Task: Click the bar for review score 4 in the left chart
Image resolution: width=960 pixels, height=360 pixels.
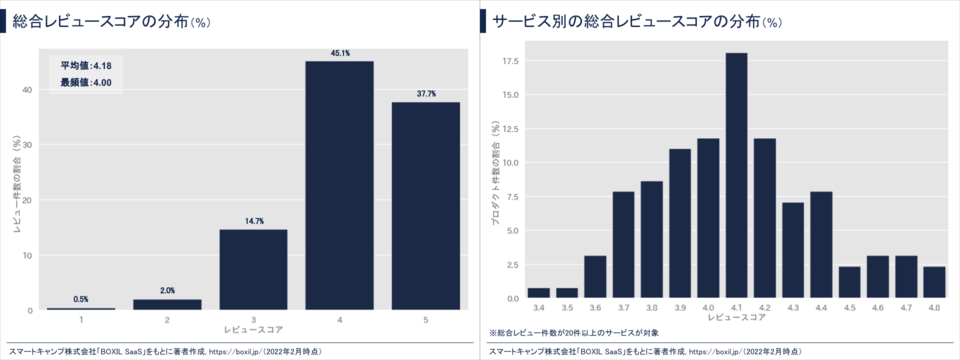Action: (x=339, y=185)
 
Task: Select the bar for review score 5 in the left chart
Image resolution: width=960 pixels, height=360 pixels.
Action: (x=425, y=206)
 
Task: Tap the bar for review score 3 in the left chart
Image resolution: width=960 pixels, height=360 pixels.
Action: (x=253, y=270)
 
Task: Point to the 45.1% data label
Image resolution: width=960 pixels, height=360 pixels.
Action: (x=339, y=54)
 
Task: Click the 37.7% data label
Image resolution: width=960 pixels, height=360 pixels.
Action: (x=425, y=95)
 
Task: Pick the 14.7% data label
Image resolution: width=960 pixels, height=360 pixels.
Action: (x=253, y=222)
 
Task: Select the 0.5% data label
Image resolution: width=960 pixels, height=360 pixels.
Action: (x=81, y=299)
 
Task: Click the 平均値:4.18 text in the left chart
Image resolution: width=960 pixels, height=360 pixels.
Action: (x=86, y=66)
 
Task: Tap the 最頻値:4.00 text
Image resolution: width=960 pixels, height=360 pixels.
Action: (x=86, y=82)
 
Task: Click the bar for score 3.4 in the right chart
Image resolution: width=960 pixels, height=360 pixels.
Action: (x=539, y=293)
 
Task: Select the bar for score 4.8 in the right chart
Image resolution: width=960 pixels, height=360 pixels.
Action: (x=934, y=282)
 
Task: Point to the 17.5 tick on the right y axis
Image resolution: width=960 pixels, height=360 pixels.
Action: (x=510, y=61)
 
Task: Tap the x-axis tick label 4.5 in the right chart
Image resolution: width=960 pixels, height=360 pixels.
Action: (x=849, y=306)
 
